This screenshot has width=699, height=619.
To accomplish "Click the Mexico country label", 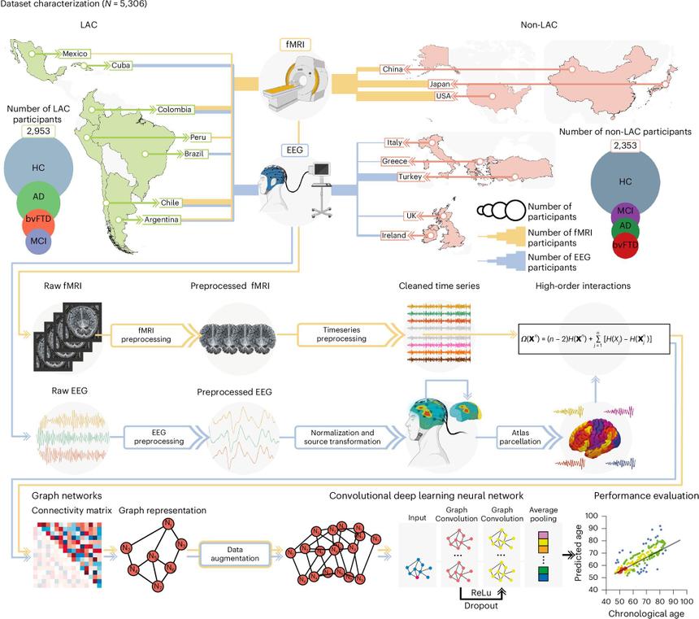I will click(x=75, y=54).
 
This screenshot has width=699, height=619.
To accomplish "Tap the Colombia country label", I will click(x=176, y=108).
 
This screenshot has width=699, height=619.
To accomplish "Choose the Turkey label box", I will click(x=408, y=176).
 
